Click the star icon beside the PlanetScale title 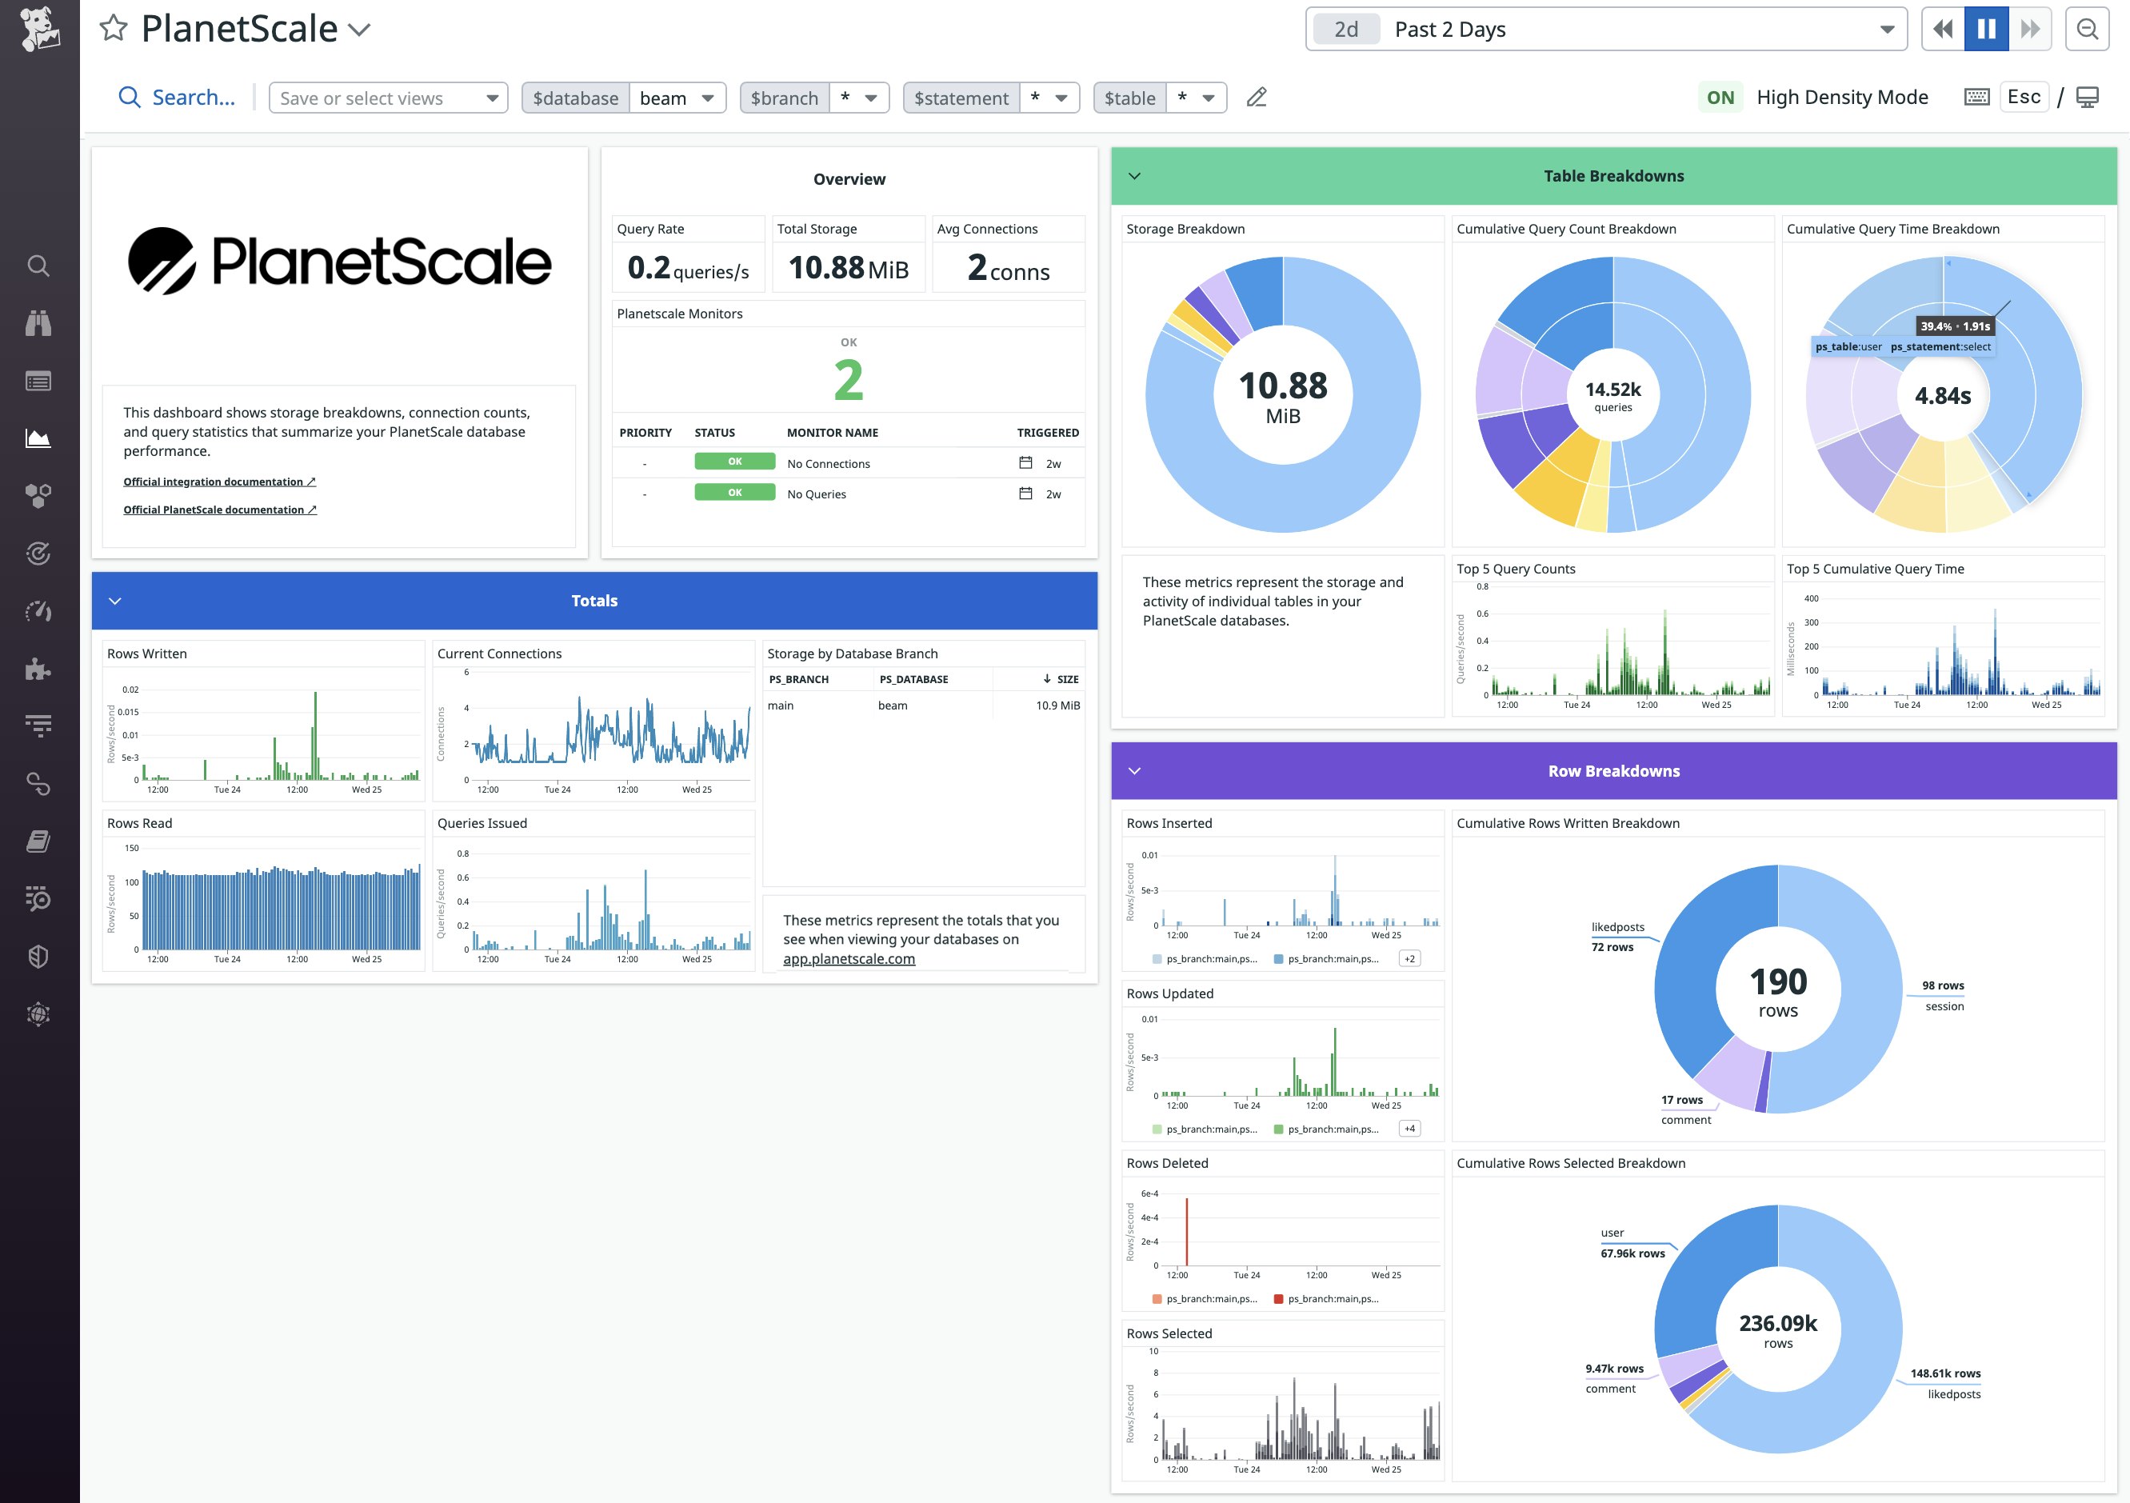pyautogui.click(x=114, y=29)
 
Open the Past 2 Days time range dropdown pyautogui.click(x=1605, y=30)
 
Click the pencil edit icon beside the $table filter pyautogui.click(x=1256, y=98)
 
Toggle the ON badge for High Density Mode pyautogui.click(x=1719, y=98)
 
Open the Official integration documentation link pyautogui.click(x=219, y=482)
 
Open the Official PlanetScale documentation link pyautogui.click(x=220, y=510)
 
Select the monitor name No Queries pyautogui.click(x=817, y=494)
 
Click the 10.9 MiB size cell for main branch pyautogui.click(x=1057, y=706)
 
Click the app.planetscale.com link pyautogui.click(x=848, y=958)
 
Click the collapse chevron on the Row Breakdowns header pyautogui.click(x=1133, y=771)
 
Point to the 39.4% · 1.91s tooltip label pyautogui.click(x=1955, y=326)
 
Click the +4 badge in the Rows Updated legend pyautogui.click(x=1409, y=1128)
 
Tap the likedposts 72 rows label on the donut pyautogui.click(x=1617, y=937)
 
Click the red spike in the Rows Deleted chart pyautogui.click(x=1186, y=1229)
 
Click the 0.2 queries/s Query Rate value pyautogui.click(x=687, y=268)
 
